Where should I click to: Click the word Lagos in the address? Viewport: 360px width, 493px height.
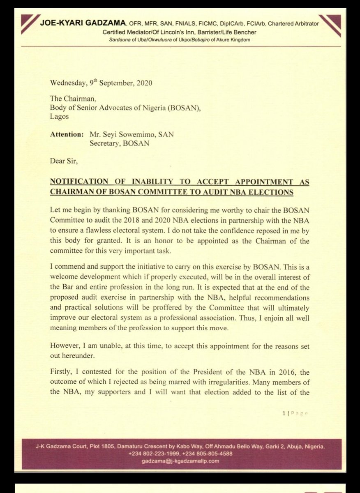(x=58, y=116)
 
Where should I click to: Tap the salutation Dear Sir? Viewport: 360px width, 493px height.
(x=63, y=162)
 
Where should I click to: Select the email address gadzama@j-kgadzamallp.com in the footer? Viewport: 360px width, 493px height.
(x=180, y=461)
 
